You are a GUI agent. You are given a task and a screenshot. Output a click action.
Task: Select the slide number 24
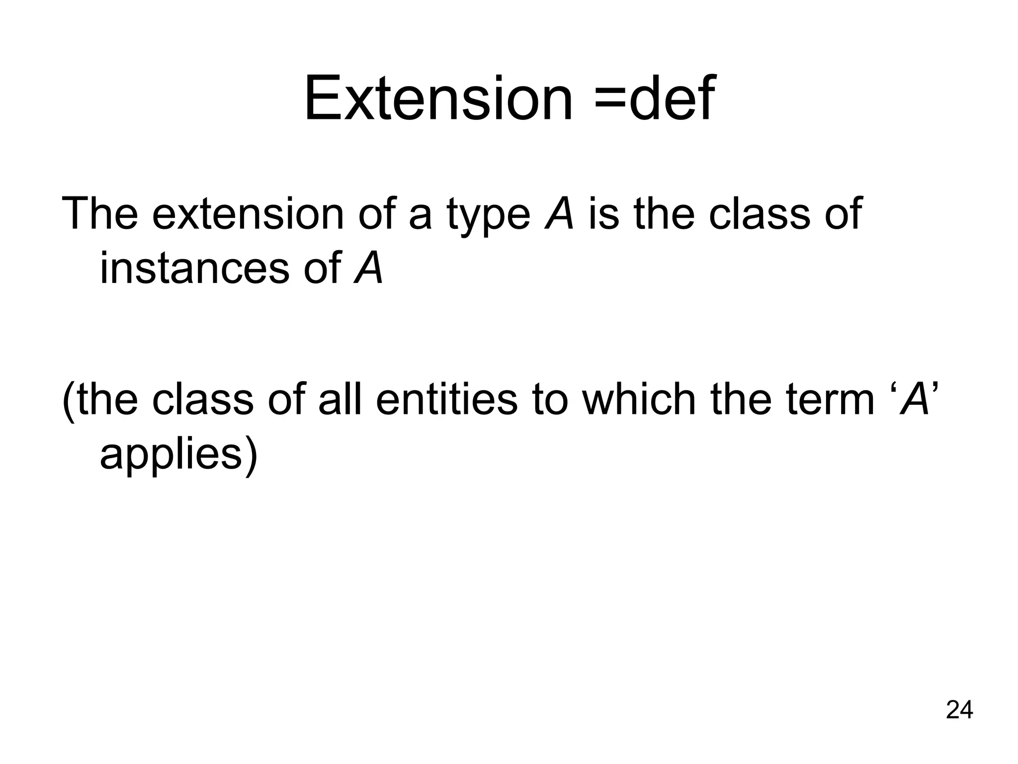959,710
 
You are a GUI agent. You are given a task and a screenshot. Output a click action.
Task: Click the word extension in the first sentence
248,214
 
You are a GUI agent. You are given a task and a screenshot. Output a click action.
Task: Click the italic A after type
559,213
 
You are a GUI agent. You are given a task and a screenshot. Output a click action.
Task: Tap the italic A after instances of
369,268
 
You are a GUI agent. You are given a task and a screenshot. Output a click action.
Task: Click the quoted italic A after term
915,400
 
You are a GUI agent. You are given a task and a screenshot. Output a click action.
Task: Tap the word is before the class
603,214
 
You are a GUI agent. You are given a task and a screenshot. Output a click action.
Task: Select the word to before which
549,401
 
